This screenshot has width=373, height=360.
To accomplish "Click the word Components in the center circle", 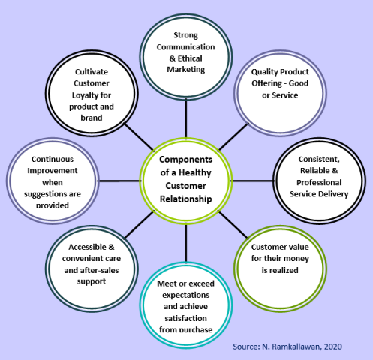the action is point(186,160).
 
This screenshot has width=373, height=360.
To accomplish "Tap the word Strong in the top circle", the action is point(186,35).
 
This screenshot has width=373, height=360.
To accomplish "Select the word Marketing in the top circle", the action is point(186,69).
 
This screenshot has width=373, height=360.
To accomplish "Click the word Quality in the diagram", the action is point(262,72).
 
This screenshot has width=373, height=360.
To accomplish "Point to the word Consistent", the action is point(319,159).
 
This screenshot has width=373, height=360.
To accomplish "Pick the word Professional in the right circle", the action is point(319,183).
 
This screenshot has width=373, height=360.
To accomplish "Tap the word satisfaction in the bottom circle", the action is point(186,318).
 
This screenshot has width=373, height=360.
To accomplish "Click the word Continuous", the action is point(53,159).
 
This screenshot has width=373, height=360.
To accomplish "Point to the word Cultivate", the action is point(92,72).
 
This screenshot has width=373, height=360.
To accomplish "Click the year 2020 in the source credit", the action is point(332,346).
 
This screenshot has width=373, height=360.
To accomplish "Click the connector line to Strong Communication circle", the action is point(186,118).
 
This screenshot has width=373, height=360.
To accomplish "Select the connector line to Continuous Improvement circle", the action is point(119,181).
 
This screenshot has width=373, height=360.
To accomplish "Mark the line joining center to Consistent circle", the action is point(252,181).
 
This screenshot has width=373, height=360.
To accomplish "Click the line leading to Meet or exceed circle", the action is point(186,242).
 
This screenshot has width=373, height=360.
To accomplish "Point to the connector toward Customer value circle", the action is point(233,225).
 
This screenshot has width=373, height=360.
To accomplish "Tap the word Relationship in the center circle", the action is point(186,199).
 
